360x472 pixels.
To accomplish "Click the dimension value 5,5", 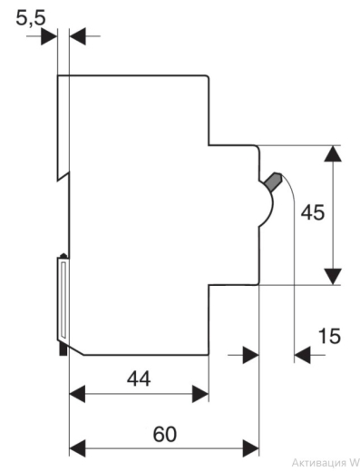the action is [31, 18].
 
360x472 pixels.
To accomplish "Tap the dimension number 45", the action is [313, 212].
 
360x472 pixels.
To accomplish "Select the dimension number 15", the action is [329, 336].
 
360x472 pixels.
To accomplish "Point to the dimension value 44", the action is [139, 379].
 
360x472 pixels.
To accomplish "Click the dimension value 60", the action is [165, 434].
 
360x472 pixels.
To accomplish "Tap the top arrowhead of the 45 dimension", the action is [333, 153].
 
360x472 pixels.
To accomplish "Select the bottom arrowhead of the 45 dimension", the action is [333, 276].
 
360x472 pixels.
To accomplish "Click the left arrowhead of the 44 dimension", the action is [77, 394].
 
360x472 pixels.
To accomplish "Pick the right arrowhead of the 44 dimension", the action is [200, 394].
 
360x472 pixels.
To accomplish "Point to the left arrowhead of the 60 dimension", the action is [77, 448].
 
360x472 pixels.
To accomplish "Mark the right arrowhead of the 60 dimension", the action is [251, 448].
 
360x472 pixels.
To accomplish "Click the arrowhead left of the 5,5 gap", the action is [49, 36].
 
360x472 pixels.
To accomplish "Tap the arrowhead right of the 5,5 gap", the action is [78, 36].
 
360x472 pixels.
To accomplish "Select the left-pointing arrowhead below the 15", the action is [302, 355].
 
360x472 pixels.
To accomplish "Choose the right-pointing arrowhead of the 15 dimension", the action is [251, 355].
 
